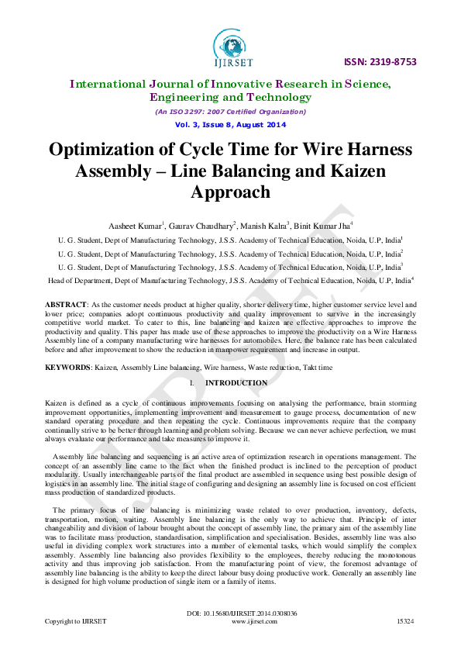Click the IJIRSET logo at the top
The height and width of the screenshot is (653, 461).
tap(230, 46)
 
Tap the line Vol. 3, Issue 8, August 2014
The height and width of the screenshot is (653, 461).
tap(230, 125)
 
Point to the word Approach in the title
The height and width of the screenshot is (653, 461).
tap(230, 192)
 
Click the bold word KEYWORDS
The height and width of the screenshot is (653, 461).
tap(68, 365)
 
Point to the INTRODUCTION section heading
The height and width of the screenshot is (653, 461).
tap(236, 383)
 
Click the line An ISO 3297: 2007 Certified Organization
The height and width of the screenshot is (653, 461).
tap(230, 112)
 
